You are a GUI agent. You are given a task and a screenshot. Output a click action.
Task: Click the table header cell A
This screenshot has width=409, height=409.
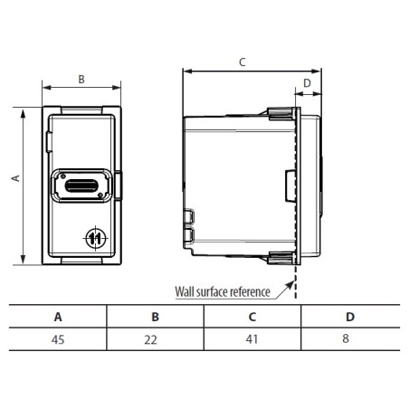[x=59, y=317]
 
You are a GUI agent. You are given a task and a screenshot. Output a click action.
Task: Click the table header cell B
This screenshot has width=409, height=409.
[x=156, y=317]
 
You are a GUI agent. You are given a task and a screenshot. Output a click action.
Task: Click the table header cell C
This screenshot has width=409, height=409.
[x=252, y=317]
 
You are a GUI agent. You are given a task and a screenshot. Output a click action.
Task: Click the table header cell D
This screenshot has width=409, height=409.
[x=349, y=317]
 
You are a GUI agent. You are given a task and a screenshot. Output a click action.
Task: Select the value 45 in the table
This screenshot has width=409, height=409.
[x=59, y=339]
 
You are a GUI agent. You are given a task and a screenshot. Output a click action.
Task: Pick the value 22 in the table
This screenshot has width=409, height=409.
[x=156, y=339]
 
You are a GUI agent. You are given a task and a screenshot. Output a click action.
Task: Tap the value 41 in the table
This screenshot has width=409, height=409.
[x=252, y=339]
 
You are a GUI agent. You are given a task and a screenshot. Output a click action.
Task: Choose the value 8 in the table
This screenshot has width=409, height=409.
[x=349, y=339]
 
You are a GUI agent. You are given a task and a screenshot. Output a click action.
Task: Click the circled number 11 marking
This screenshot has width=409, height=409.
[x=95, y=238]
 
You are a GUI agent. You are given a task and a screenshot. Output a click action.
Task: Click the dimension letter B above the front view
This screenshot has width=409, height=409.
[x=81, y=79]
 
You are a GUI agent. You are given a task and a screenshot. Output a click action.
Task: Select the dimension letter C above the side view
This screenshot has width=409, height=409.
[x=242, y=62]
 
